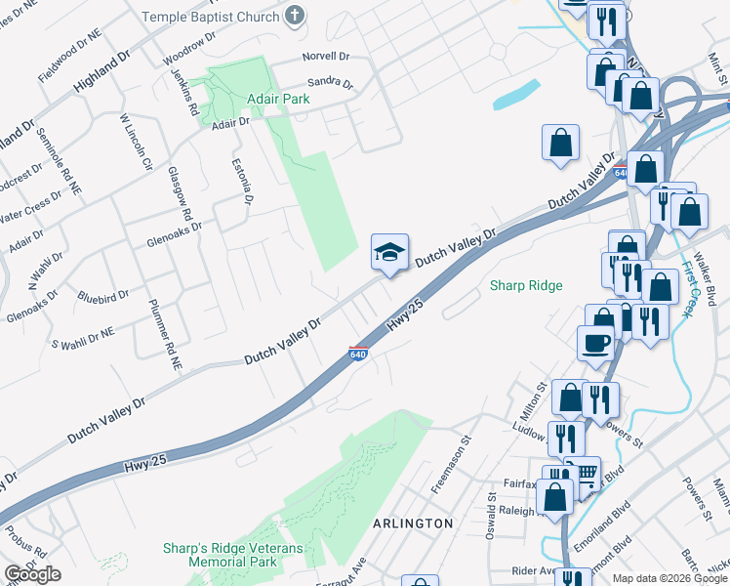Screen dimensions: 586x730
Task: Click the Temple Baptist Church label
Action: [x=210, y=17]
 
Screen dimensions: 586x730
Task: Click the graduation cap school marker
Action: [x=388, y=253]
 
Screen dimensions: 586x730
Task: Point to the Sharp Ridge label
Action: [x=525, y=285]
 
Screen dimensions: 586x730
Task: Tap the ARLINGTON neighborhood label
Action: [x=413, y=523]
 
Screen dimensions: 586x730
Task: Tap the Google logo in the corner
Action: [x=32, y=574]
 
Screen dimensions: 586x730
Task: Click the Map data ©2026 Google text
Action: [x=669, y=578]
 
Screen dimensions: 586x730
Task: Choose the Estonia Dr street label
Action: [x=241, y=182]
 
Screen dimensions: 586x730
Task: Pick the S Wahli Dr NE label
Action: [x=83, y=338]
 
